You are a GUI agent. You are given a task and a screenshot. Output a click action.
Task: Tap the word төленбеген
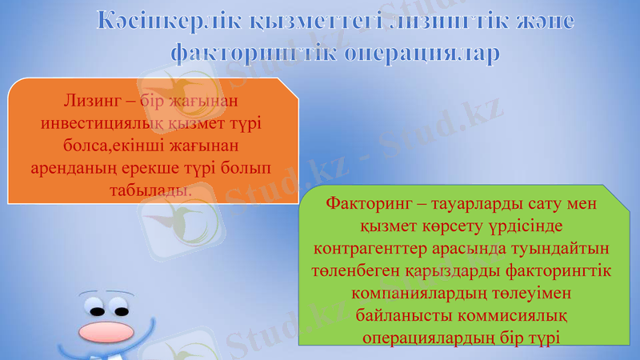point(352,271)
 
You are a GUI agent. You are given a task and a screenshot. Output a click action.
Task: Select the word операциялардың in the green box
point(425,338)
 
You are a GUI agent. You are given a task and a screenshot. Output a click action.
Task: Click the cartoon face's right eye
point(121,307)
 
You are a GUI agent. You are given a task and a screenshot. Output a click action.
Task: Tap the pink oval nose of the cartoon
point(107,329)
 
